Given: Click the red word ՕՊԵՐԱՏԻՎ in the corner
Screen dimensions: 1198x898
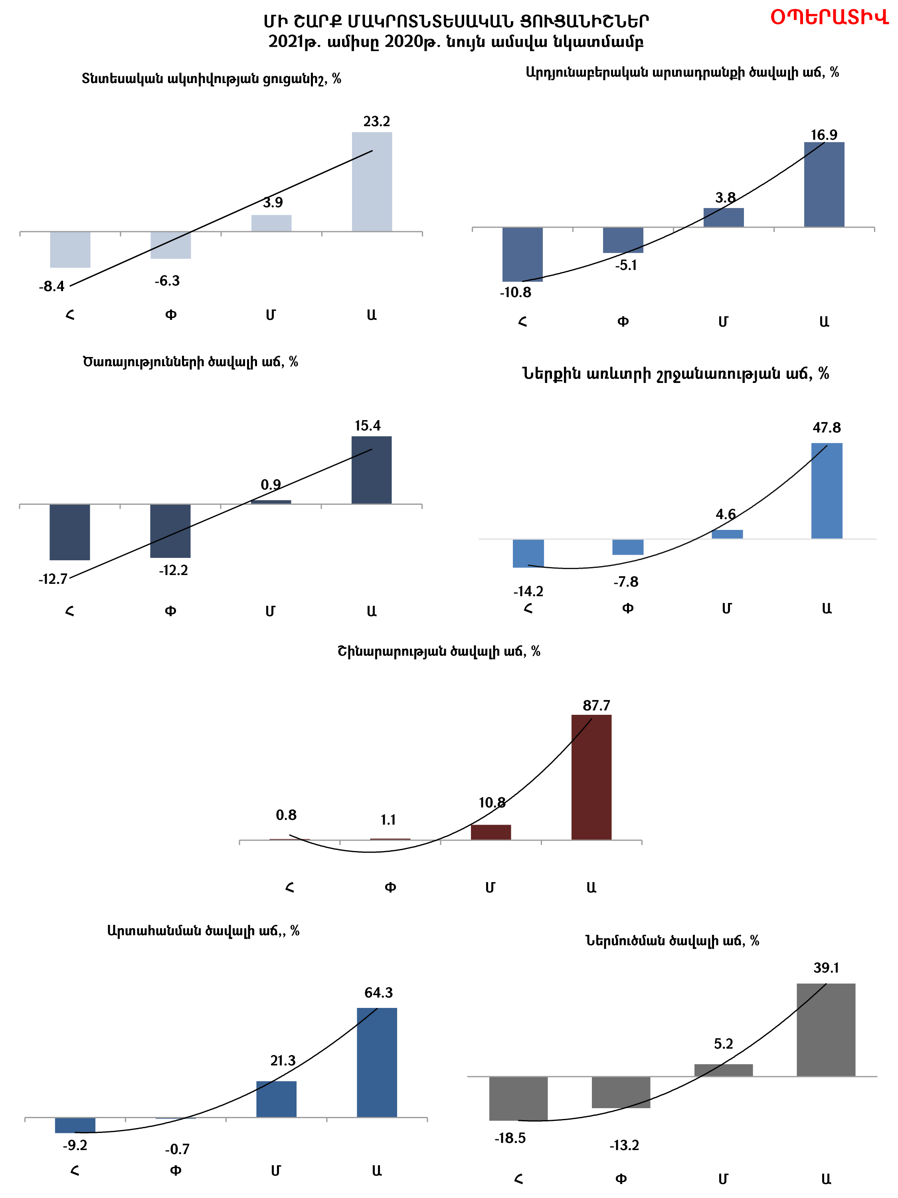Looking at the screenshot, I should pyautogui.click(x=829, y=18).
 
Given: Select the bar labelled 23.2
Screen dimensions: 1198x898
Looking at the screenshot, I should pyautogui.click(x=372, y=182).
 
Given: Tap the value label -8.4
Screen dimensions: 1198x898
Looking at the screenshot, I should pyautogui.click(x=51, y=286).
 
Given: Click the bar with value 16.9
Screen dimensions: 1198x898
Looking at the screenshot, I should pyautogui.click(x=824, y=184).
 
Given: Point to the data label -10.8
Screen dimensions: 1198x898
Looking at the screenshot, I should pyautogui.click(x=515, y=292).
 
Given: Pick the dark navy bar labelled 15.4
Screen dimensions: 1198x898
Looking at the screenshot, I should pyautogui.click(x=371, y=470).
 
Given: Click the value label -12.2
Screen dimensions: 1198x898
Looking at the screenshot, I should pyautogui.click(x=173, y=570).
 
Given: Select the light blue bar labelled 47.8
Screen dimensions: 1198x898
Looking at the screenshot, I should pyautogui.click(x=827, y=491).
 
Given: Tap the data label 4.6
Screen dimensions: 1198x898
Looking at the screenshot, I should pyautogui.click(x=725, y=514).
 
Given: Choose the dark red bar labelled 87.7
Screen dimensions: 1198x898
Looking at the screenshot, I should pyautogui.click(x=591, y=777).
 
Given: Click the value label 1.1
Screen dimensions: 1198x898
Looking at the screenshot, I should pyautogui.click(x=388, y=820).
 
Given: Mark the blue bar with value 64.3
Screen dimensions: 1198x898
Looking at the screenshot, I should pyautogui.click(x=377, y=1062).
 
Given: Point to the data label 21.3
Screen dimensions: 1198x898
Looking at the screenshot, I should pyautogui.click(x=283, y=1061).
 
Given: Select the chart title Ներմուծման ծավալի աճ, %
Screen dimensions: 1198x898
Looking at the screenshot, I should pyautogui.click(x=672, y=941).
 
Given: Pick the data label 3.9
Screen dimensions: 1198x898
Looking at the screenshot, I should pyautogui.click(x=273, y=202).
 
